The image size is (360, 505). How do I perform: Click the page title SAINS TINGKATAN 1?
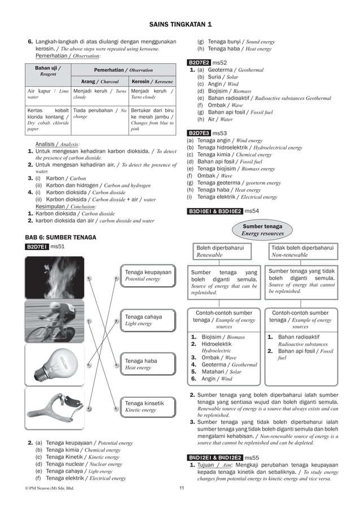(181, 24)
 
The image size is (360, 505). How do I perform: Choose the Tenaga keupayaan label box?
(148, 275)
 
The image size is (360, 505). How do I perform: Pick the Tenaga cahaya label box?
(148, 320)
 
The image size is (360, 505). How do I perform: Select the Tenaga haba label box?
(148, 364)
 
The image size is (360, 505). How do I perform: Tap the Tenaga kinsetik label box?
(148, 406)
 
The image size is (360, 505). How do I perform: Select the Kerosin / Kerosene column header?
(152, 81)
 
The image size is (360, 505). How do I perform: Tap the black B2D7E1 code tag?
(37, 247)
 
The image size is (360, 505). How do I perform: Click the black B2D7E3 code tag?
(199, 133)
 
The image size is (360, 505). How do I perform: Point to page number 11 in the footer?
(182, 488)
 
